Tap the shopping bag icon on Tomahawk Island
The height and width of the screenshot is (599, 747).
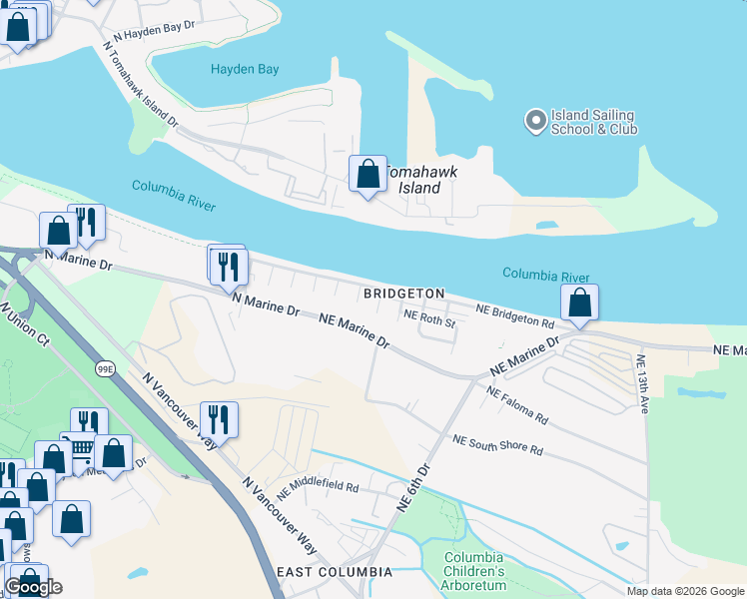(x=368, y=174)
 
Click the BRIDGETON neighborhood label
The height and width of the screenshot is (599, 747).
(x=403, y=294)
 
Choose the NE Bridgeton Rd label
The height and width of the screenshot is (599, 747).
(x=514, y=316)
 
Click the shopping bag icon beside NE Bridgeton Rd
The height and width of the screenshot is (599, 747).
(x=580, y=302)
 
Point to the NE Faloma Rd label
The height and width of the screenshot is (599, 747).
(x=517, y=403)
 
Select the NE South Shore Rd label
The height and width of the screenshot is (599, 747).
(x=497, y=445)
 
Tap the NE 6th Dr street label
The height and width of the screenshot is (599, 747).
(x=413, y=487)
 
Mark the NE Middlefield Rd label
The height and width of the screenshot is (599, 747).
(x=318, y=488)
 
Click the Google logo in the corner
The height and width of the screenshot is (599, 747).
(x=34, y=587)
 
